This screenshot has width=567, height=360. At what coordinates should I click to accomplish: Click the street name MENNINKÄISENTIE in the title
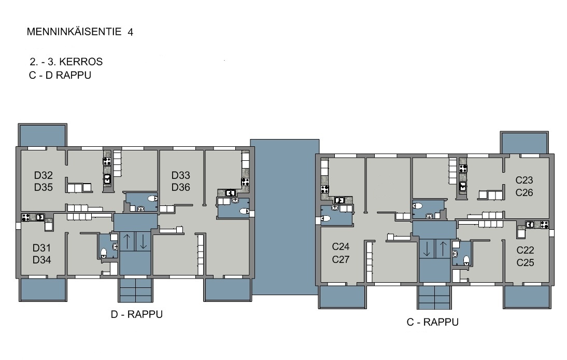tap(74, 32)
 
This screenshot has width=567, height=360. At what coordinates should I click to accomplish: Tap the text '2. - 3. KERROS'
tap(66, 62)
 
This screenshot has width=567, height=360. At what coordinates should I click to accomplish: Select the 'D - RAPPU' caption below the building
tap(137, 314)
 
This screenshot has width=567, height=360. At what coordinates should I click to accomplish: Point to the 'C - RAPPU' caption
tap(432, 322)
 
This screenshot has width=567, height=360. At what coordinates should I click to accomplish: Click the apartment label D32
tap(44, 175)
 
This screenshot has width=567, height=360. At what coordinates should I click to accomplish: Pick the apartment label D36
tap(180, 187)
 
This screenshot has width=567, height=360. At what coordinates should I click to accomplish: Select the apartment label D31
tap(41, 248)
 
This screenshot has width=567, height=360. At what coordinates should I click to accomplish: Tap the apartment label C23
tap(524, 180)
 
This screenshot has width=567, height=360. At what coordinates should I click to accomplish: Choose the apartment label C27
tap(341, 259)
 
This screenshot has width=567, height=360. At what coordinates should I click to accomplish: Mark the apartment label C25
tap(525, 262)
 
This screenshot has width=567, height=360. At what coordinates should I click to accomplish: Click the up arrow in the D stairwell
tap(127, 241)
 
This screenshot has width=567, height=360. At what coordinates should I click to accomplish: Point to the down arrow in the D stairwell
tap(143, 241)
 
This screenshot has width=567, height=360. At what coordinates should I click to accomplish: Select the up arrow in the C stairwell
tap(443, 248)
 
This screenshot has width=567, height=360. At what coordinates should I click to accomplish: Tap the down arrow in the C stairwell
tap(427, 248)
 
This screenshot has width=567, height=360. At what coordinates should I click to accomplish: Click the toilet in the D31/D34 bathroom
tap(104, 252)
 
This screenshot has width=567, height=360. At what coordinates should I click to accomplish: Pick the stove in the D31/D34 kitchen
tap(25, 217)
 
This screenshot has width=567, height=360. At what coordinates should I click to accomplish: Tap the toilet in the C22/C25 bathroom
tap(466, 260)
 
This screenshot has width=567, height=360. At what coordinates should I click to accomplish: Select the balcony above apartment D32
tap(42, 135)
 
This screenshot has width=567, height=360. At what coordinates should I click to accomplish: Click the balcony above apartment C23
tap(525, 143)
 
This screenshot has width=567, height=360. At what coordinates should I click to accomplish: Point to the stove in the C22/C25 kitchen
tap(544, 224)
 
